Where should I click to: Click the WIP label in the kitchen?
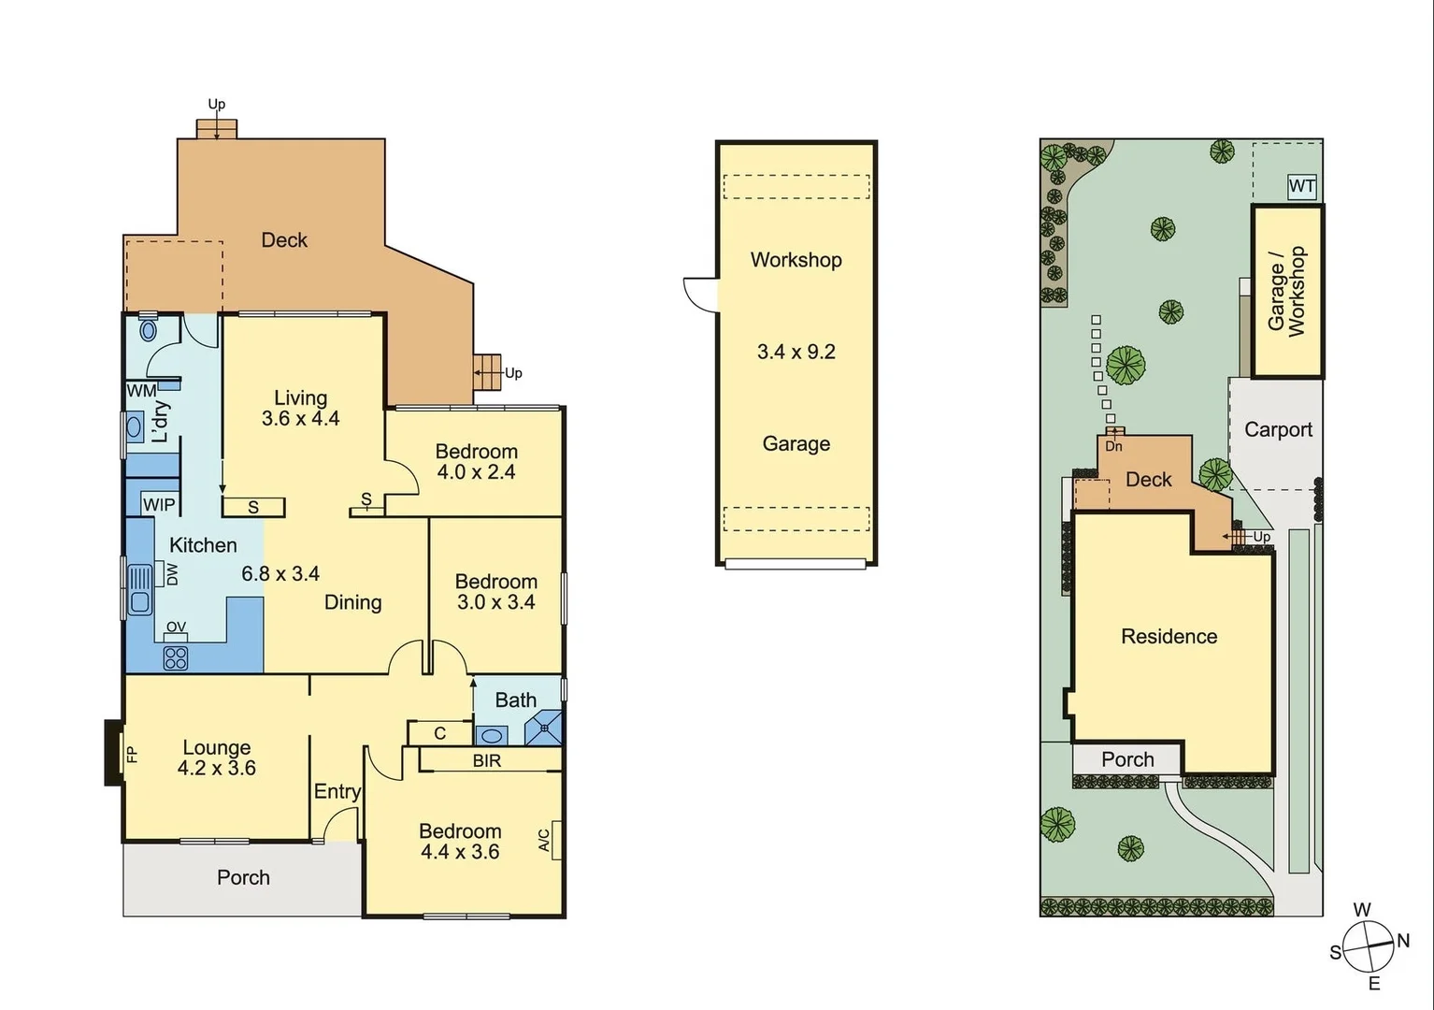(159, 505)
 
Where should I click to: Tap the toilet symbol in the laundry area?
(148, 330)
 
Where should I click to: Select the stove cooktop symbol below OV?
(176, 657)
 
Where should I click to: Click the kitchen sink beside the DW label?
(139, 589)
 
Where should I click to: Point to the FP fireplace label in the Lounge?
(132, 753)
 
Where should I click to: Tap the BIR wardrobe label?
(486, 761)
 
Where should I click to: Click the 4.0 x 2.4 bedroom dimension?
(476, 472)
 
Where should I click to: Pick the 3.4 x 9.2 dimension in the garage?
(796, 353)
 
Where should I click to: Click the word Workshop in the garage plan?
(796, 260)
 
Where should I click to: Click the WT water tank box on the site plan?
(1301, 186)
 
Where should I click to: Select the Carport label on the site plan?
(1278, 430)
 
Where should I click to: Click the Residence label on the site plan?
(1169, 637)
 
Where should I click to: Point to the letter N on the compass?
(1402, 942)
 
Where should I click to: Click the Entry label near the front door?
(337, 792)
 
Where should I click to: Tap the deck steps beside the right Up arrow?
(487, 372)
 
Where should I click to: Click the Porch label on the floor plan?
(243, 878)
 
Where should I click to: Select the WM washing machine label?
(141, 391)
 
